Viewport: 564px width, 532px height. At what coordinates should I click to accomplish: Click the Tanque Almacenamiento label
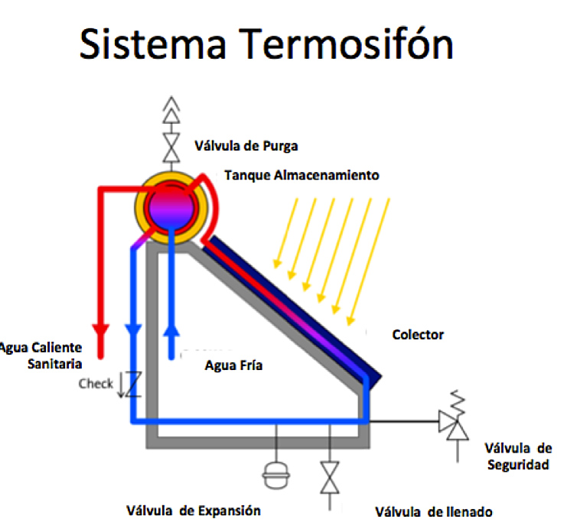[x=302, y=175]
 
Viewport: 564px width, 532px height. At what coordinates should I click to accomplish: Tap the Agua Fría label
[x=233, y=365]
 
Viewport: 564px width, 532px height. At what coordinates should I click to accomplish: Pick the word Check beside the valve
[x=96, y=384]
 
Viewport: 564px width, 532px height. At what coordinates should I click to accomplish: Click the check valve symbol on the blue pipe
[x=132, y=384]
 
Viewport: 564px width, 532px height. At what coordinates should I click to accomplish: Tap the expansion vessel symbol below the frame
[x=273, y=475]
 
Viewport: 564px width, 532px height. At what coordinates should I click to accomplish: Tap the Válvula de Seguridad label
[x=517, y=456]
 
